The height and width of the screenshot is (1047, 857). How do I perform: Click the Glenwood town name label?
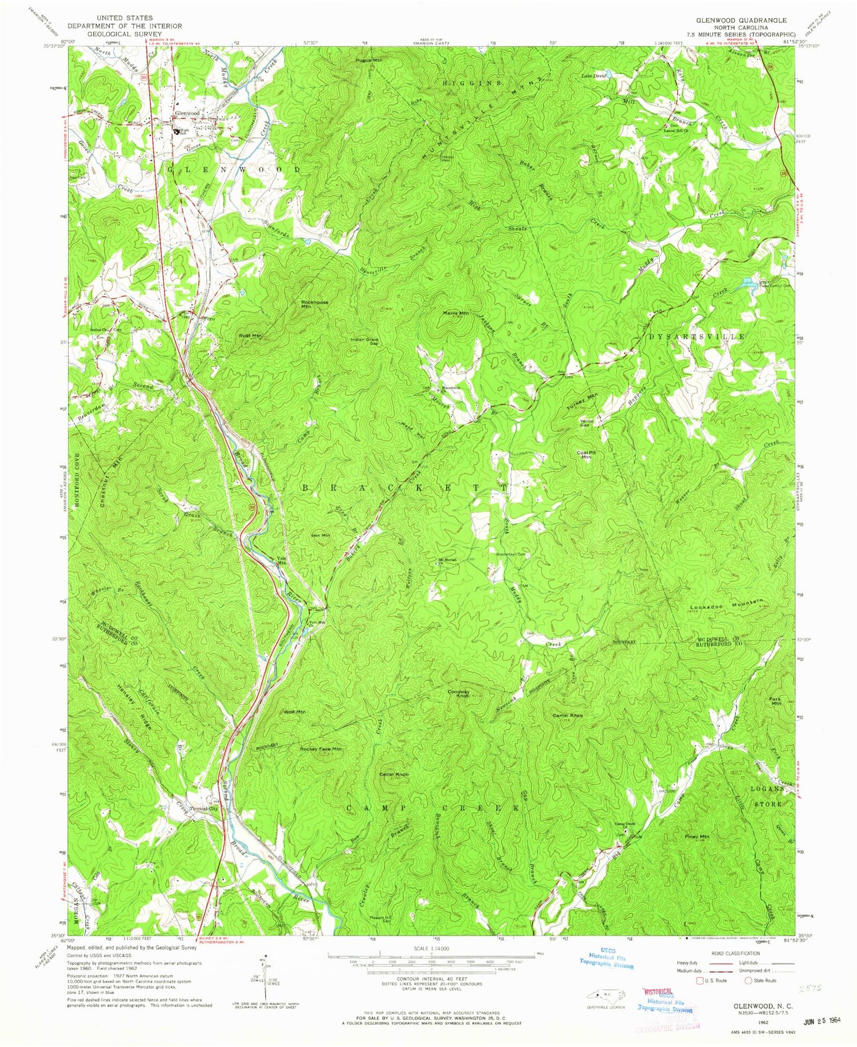[x=187, y=114]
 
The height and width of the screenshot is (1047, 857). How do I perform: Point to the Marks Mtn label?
[x=456, y=313]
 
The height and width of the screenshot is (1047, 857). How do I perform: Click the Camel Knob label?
[x=567, y=715]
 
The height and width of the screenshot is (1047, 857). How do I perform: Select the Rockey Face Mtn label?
[x=321, y=749]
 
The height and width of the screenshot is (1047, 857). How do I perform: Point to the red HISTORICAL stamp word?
[x=660, y=993]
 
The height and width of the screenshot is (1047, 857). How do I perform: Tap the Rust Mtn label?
[x=250, y=336]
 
